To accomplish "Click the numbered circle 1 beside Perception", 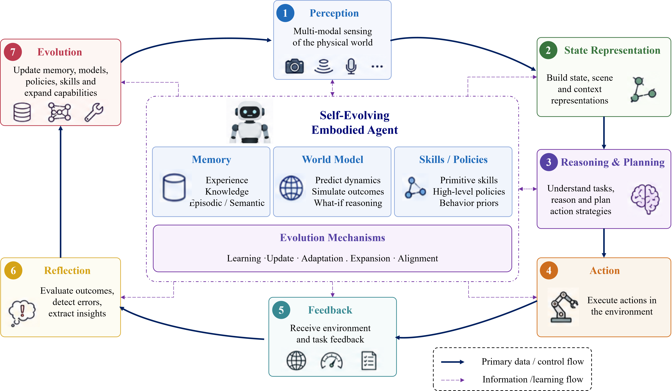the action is point(285,13).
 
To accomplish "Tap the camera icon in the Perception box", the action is point(294,66).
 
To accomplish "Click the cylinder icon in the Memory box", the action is point(174,187).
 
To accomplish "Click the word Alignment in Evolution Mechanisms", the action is point(418,258).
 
